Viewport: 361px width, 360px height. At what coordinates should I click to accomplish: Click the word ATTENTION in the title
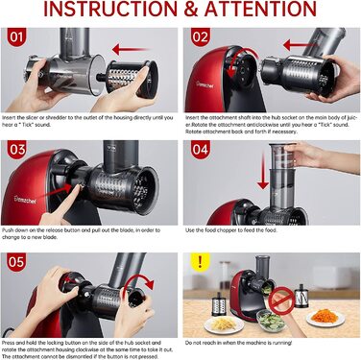271,11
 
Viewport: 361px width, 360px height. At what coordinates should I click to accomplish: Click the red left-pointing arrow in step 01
127,48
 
